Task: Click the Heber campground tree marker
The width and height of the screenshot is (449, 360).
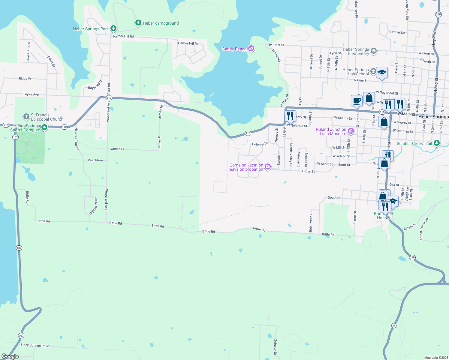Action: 138,23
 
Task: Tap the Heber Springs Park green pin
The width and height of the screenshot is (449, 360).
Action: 113,28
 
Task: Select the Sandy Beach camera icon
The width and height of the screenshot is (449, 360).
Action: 251,49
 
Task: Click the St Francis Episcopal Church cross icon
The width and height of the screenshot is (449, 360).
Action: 26,116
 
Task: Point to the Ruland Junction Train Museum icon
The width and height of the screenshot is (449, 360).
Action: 351,131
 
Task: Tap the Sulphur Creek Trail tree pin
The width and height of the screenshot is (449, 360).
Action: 437,143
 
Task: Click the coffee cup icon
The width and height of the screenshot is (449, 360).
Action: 357,101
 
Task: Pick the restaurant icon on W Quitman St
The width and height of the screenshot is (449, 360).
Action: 290,116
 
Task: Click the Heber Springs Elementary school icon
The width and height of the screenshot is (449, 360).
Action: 374,51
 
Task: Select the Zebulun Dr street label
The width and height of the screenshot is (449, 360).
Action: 275,347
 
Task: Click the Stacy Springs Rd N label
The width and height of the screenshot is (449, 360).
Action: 35,345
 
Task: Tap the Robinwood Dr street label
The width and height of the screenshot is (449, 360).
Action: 311,222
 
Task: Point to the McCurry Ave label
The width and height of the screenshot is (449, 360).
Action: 29,51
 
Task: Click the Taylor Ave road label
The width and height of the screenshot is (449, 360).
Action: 31,94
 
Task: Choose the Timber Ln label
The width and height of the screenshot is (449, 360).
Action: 397,32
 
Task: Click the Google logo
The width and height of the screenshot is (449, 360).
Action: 10,356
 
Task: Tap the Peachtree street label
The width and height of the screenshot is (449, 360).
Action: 95,160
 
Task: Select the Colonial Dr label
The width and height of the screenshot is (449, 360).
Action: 260,144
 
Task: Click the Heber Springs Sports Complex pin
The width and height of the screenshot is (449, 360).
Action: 44,127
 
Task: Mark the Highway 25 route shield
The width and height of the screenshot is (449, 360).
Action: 394,325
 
